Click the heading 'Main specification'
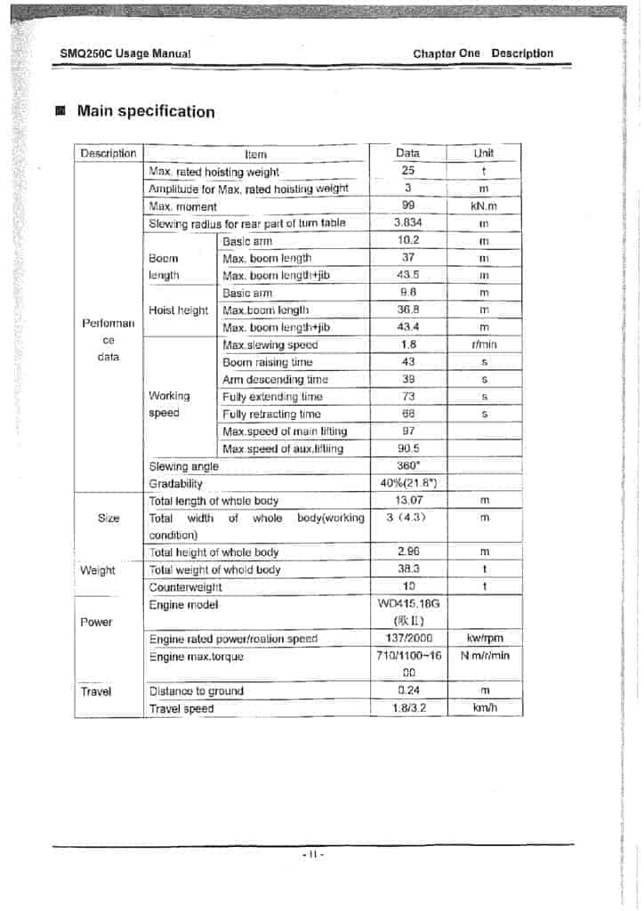146,112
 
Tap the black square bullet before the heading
60,112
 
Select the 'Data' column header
407,153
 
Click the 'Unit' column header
484,153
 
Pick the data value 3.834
408,223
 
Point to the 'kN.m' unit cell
484,206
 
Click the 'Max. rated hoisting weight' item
213,172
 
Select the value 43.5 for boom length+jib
408,275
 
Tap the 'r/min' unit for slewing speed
484,344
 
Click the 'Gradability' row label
175,484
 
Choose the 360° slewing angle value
408,466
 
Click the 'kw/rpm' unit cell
485,639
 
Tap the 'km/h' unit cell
485,708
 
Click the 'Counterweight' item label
185,587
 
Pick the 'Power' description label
96,622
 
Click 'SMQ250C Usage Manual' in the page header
125,53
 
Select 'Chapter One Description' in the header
483,53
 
